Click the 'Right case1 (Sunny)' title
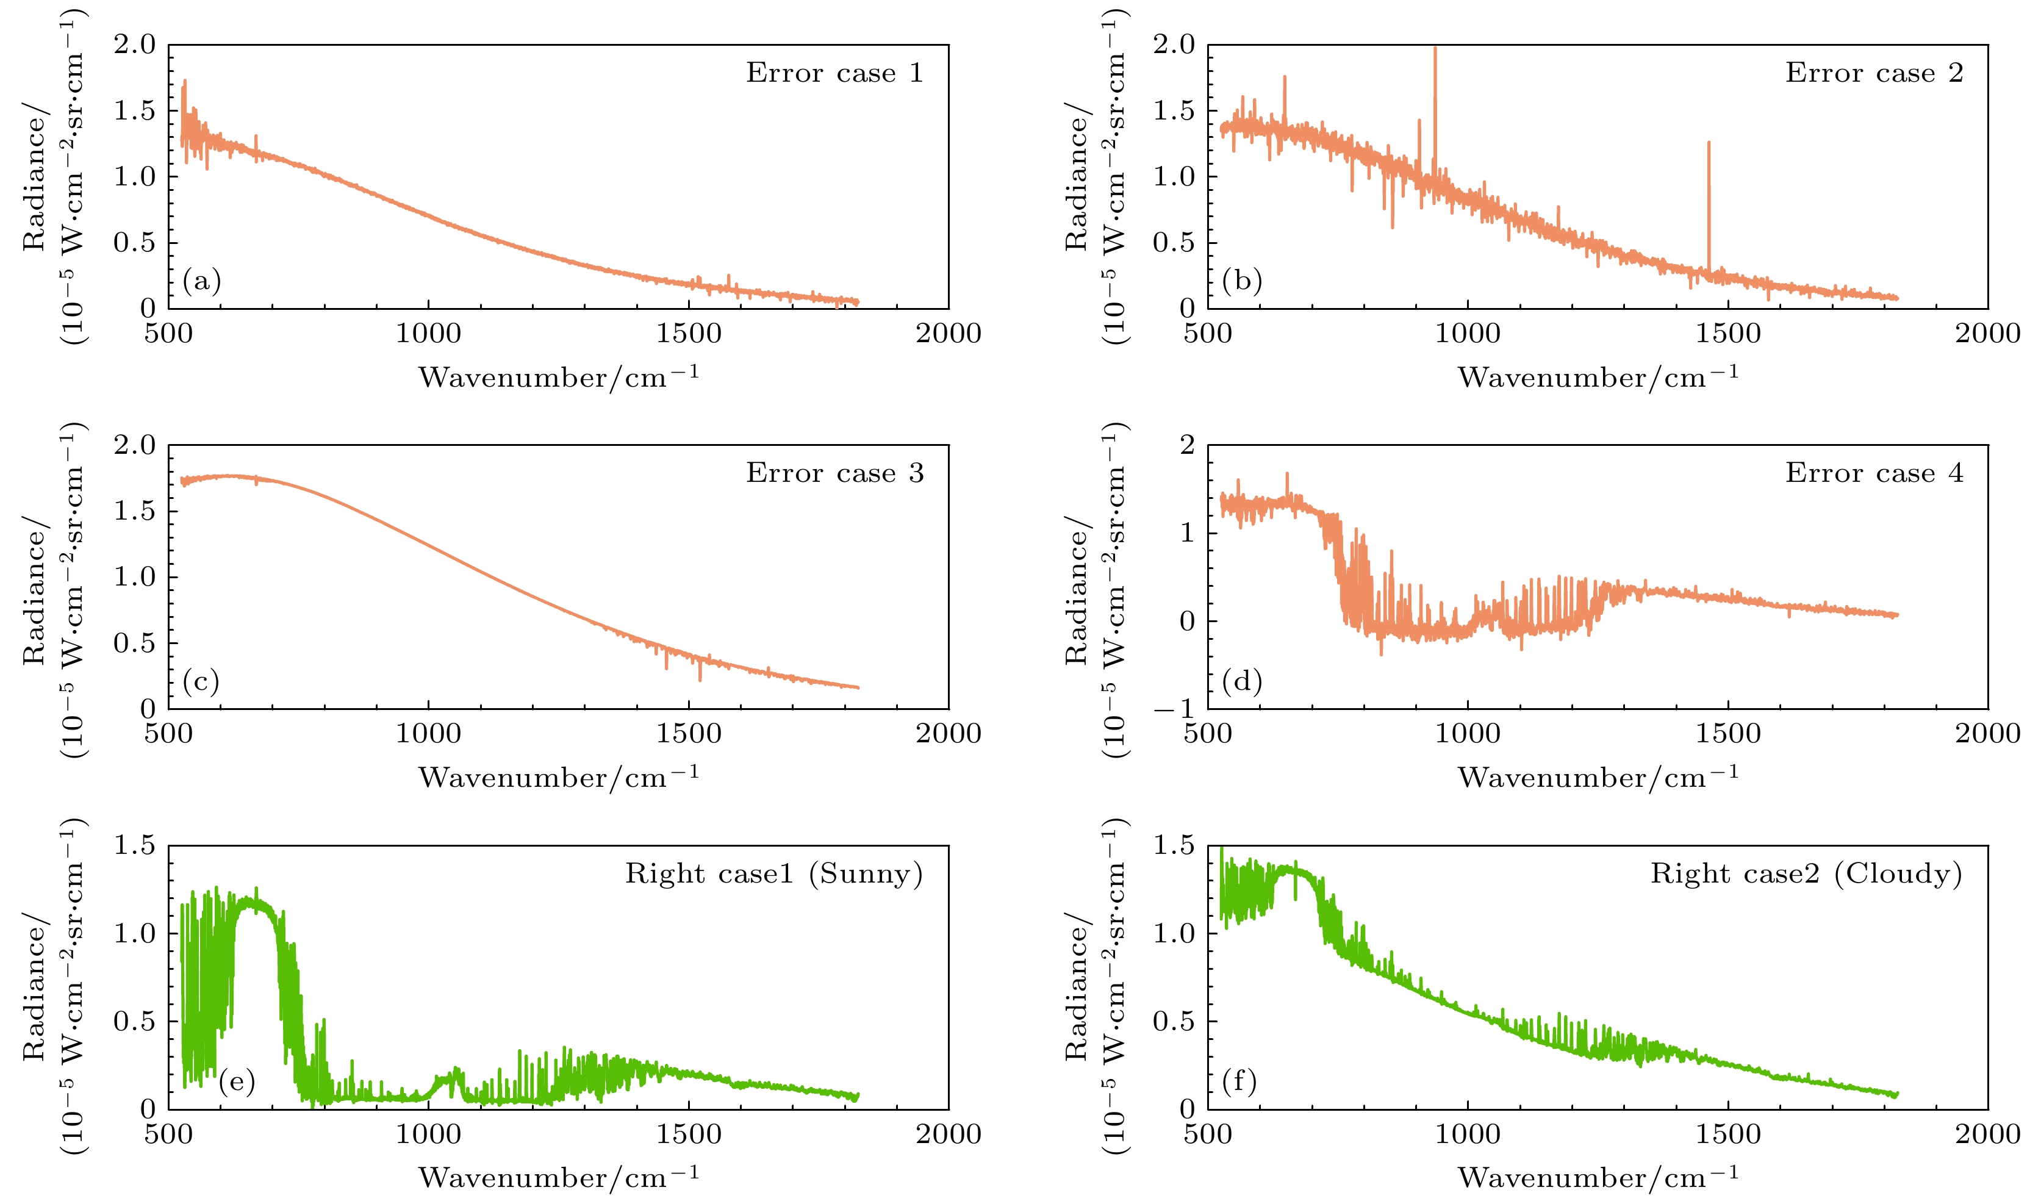(x=773, y=875)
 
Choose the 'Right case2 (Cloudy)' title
(x=1806, y=875)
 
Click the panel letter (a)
(x=202, y=281)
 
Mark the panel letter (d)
(x=1241, y=682)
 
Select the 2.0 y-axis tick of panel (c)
(x=134, y=445)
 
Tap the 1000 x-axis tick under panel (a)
(x=428, y=334)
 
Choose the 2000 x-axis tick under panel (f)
(x=1987, y=1135)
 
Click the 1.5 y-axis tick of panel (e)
(x=134, y=846)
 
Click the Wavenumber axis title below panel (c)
(x=558, y=778)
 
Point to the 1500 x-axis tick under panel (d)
(x=1727, y=734)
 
